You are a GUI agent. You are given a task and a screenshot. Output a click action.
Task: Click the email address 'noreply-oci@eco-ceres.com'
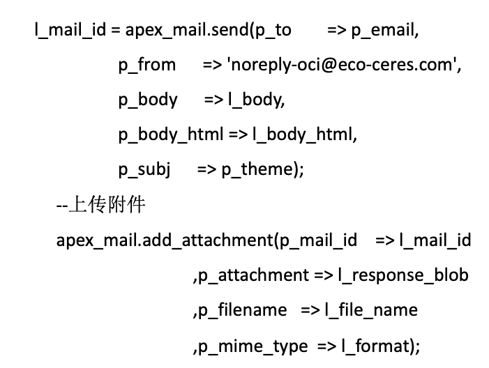342,65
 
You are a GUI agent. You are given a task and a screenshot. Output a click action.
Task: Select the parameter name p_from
147,66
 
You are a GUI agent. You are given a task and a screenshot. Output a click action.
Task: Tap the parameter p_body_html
171,135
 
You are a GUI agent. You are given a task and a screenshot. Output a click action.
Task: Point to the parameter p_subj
144,170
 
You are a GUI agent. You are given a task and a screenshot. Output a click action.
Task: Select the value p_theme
257,170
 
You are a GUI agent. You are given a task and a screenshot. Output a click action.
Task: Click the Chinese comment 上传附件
107,205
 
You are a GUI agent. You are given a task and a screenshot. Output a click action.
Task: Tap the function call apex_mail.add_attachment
165,240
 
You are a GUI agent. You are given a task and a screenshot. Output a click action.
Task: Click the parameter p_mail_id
318,240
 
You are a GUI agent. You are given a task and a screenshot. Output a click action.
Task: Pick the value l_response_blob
404,275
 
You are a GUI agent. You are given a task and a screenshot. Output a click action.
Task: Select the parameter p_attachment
253,275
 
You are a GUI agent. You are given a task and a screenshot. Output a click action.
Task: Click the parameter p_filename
242,310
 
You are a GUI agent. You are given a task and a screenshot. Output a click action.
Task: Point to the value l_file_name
371,310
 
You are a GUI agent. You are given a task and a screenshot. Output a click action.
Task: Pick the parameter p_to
273,31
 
